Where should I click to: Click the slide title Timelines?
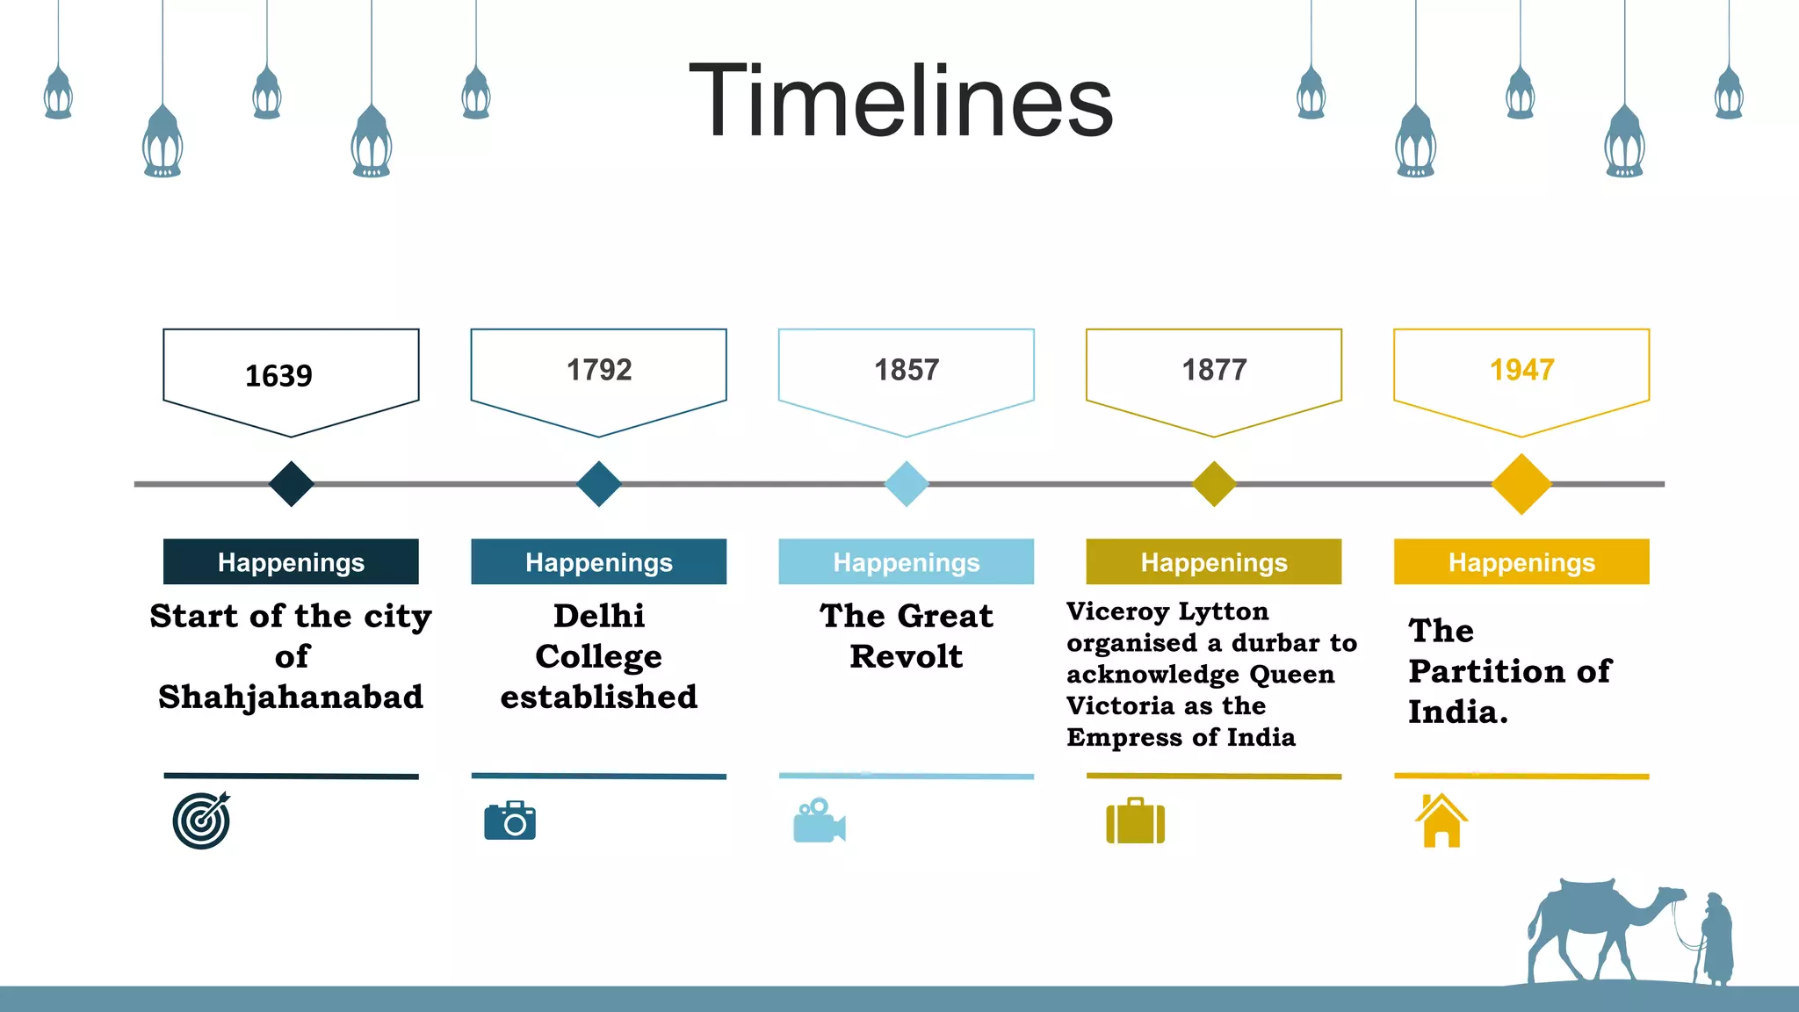[900, 101]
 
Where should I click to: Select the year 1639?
[278, 376]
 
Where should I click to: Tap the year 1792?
[599, 370]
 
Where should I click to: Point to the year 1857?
[907, 370]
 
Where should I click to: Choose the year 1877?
[1214, 370]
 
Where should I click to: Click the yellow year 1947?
[1521, 370]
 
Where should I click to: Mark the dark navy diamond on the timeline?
[291, 484]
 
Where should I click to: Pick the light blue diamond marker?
[907, 484]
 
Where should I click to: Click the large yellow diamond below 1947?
[1521, 484]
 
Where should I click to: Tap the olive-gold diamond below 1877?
[1214, 484]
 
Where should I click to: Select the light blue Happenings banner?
[907, 562]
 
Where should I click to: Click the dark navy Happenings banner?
[291, 562]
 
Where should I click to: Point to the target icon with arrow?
[202, 820]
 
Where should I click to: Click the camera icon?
[510, 821]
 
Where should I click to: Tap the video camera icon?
[819, 822]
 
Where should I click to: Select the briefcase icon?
[1135, 822]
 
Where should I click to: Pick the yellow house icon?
[1441, 821]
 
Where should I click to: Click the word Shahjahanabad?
[291, 698]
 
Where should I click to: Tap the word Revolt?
[907, 657]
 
